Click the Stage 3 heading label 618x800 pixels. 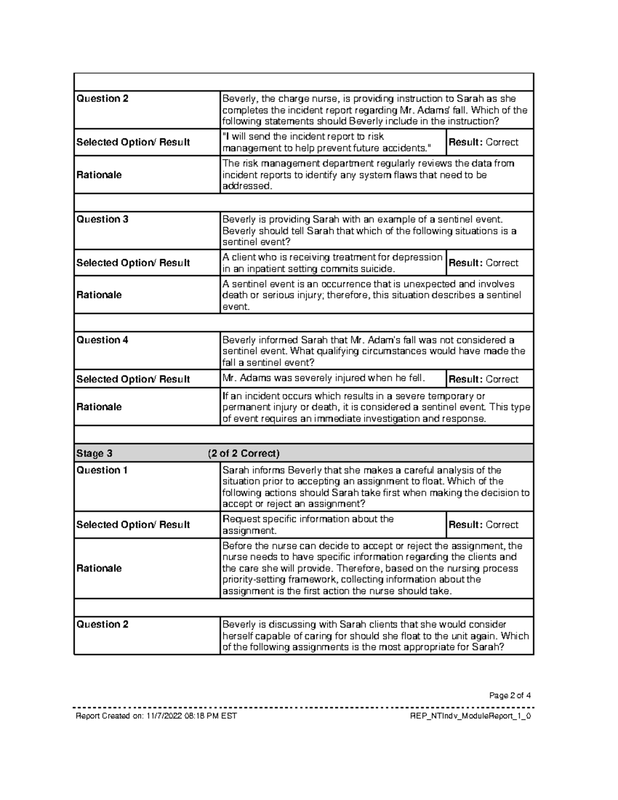94,454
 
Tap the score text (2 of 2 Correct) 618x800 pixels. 244,454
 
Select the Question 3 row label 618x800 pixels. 102,219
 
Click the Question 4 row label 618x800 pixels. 102,340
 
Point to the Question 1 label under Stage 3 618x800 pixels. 102,470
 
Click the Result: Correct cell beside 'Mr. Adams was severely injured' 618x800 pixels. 484,380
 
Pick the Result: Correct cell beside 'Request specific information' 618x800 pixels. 484,525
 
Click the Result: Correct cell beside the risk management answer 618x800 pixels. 484,142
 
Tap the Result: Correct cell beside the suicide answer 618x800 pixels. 484,263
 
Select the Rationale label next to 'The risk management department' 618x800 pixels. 99,175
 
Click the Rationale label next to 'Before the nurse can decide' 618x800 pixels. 99,568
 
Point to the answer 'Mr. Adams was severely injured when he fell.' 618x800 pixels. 323,379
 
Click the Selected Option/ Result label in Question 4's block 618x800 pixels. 133,380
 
